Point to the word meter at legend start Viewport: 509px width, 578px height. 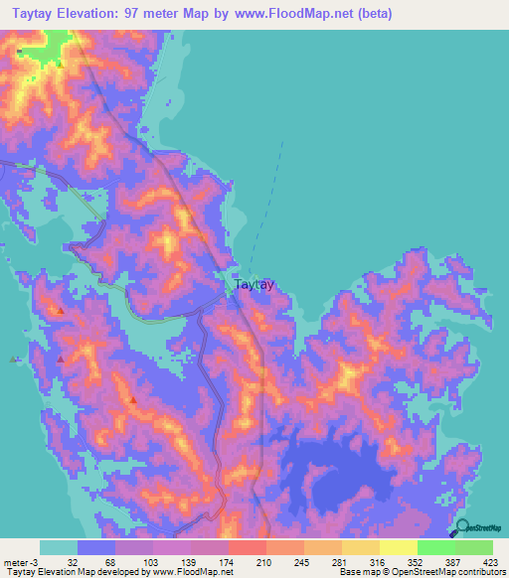click(x=15, y=562)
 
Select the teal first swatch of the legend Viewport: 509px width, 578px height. click(x=58, y=547)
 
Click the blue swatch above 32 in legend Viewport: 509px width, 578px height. click(x=95, y=547)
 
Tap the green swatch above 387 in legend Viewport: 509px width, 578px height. click(x=435, y=547)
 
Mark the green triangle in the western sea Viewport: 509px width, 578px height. click(x=13, y=360)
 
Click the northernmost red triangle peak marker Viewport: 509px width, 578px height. click(x=61, y=311)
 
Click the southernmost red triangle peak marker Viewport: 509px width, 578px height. click(x=132, y=399)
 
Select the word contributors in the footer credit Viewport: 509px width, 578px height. click(x=481, y=572)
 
